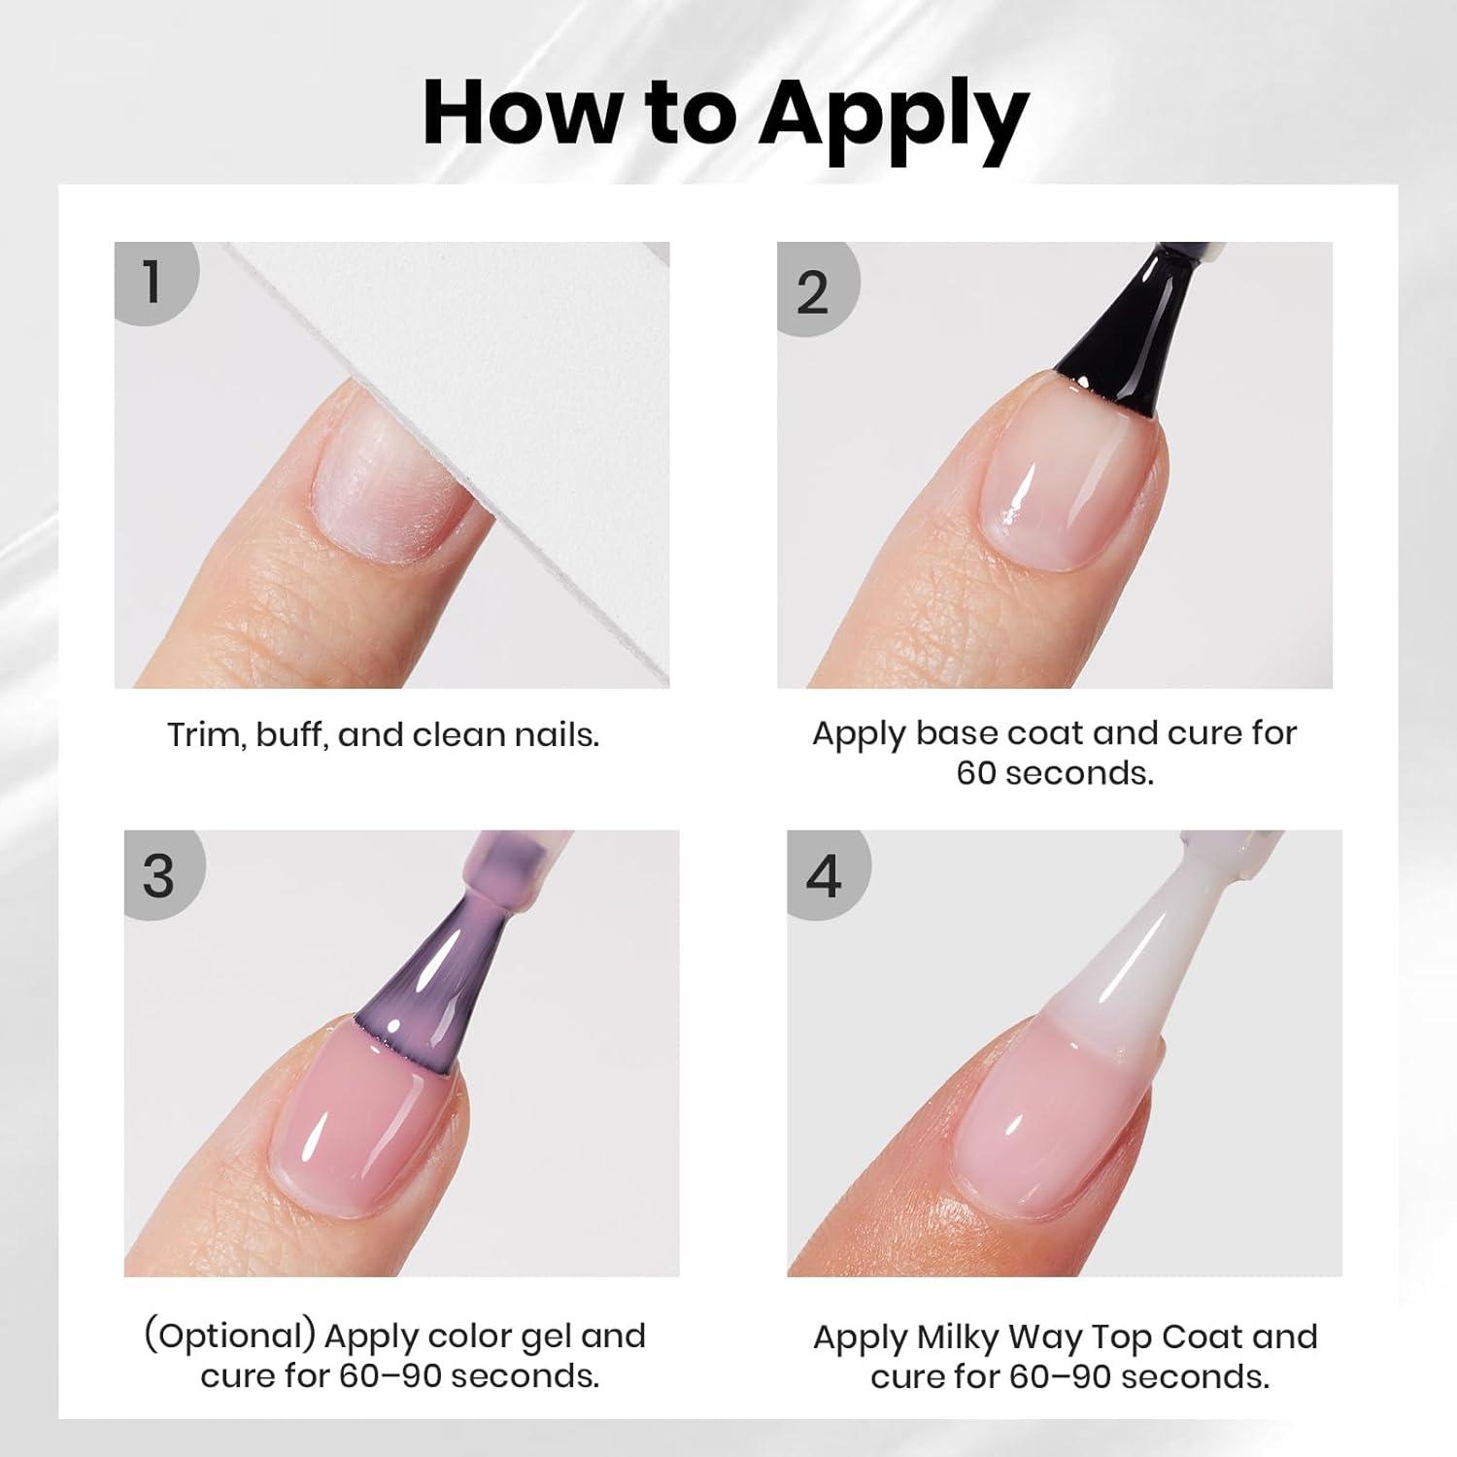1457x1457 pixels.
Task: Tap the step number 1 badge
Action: point(155,282)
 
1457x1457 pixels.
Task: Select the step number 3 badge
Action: point(163,874)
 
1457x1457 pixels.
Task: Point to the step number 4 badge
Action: point(827,874)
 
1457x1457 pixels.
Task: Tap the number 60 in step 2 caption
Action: point(978,773)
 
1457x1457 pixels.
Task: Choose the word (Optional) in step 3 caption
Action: point(230,1338)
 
